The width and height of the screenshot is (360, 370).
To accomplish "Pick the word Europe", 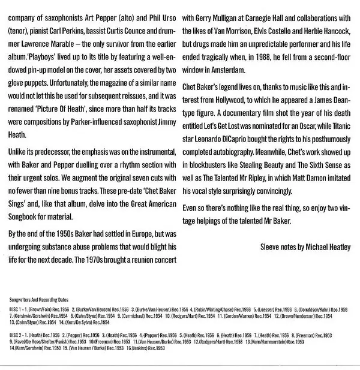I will click(143, 232).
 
